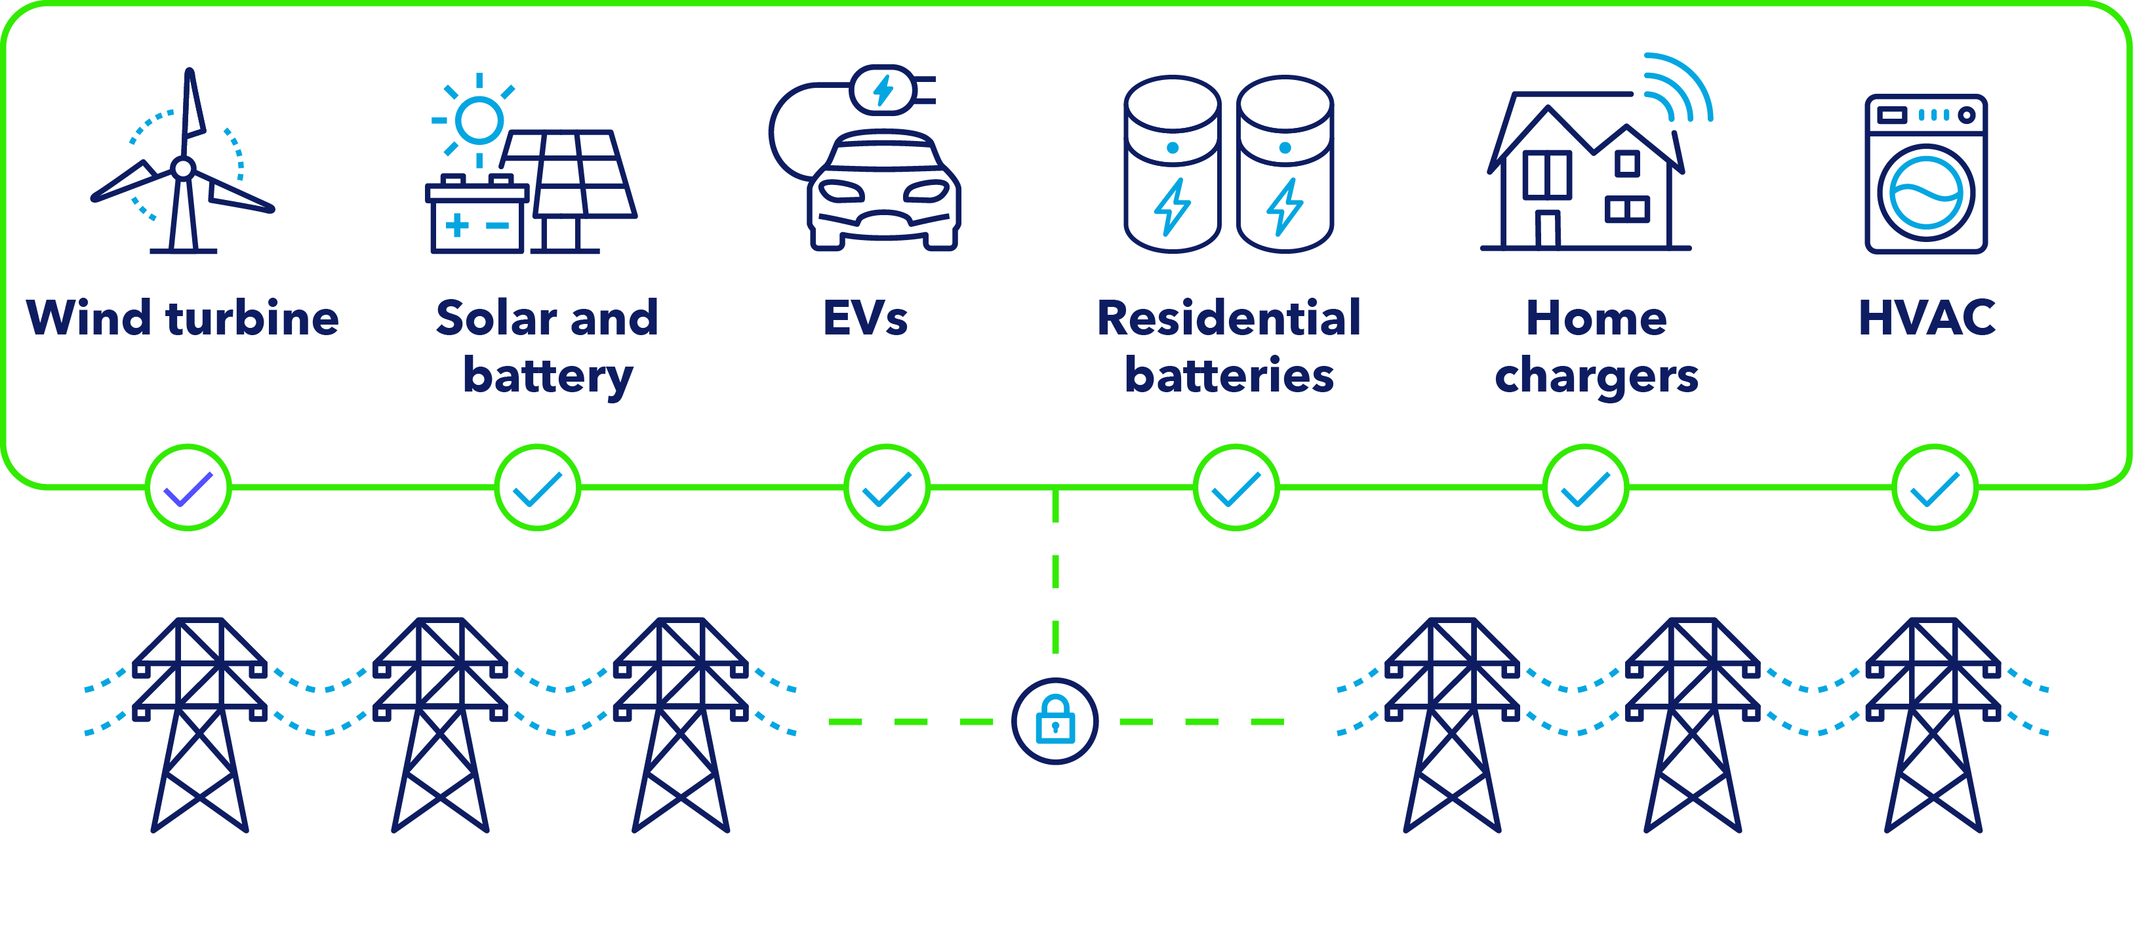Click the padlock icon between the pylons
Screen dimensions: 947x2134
click(1055, 721)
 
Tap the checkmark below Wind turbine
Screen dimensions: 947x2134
click(188, 488)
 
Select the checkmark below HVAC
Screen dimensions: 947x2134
click(1935, 488)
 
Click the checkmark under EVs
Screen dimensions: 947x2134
click(887, 488)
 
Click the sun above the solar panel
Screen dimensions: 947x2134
click(479, 120)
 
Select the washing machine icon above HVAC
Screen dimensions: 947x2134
click(1926, 174)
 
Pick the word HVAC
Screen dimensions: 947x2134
click(1927, 317)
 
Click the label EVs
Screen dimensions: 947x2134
click(865, 317)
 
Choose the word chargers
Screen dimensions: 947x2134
click(1596, 377)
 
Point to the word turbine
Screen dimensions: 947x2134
click(252, 317)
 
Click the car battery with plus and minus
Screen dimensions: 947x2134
click(476, 217)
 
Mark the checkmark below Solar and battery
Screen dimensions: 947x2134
click(538, 488)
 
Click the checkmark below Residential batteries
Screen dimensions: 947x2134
click(1236, 488)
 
